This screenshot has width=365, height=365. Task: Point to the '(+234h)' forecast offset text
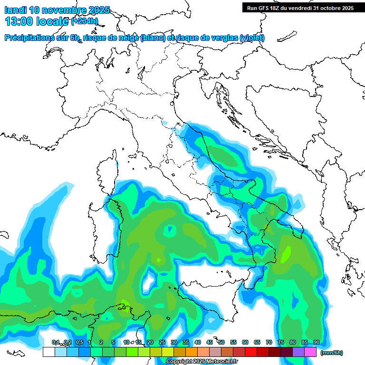85,21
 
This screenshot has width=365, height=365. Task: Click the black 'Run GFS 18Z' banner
300,8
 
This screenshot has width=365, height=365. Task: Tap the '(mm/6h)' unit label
331,353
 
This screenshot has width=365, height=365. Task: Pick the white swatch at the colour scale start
48,352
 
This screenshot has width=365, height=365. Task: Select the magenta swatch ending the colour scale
310,352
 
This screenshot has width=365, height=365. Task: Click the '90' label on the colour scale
317,342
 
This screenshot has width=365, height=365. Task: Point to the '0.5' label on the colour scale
79,342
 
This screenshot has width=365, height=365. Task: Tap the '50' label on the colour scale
221,342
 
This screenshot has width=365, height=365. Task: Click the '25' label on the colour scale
162,342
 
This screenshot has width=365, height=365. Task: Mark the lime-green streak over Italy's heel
286,254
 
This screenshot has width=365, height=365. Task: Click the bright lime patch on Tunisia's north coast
125,303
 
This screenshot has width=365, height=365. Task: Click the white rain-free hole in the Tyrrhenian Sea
169,231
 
